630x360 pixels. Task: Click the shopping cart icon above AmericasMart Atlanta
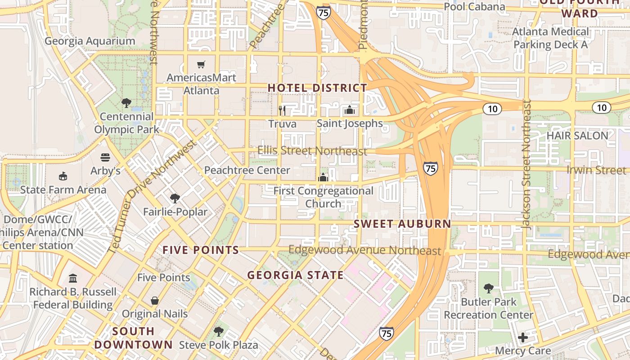point(201,65)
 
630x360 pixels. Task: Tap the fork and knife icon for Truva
point(282,110)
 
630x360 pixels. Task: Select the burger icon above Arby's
point(105,157)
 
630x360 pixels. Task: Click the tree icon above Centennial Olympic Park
point(126,103)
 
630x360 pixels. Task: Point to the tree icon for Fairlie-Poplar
point(175,198)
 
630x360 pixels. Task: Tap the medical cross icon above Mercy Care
point(522,337)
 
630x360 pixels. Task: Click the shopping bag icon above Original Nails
point(155,300)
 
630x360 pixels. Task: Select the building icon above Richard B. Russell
point(73,279)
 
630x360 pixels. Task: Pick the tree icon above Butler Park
point(488,288)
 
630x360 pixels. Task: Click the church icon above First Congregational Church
point(323,177)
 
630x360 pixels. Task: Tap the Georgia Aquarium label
point(90,41)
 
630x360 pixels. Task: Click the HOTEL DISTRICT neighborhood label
point(318,88)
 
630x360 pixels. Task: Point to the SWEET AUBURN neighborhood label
point(402,224)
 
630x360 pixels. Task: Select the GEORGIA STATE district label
point(295,275)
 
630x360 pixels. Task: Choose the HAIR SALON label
point(577,135)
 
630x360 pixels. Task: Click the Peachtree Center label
point(247,170)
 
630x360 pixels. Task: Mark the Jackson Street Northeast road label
point(527,164)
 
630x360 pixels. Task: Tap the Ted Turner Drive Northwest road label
point(153,196)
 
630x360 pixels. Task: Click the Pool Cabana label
point(474,7)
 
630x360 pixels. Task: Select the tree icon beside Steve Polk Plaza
point(219,332)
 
